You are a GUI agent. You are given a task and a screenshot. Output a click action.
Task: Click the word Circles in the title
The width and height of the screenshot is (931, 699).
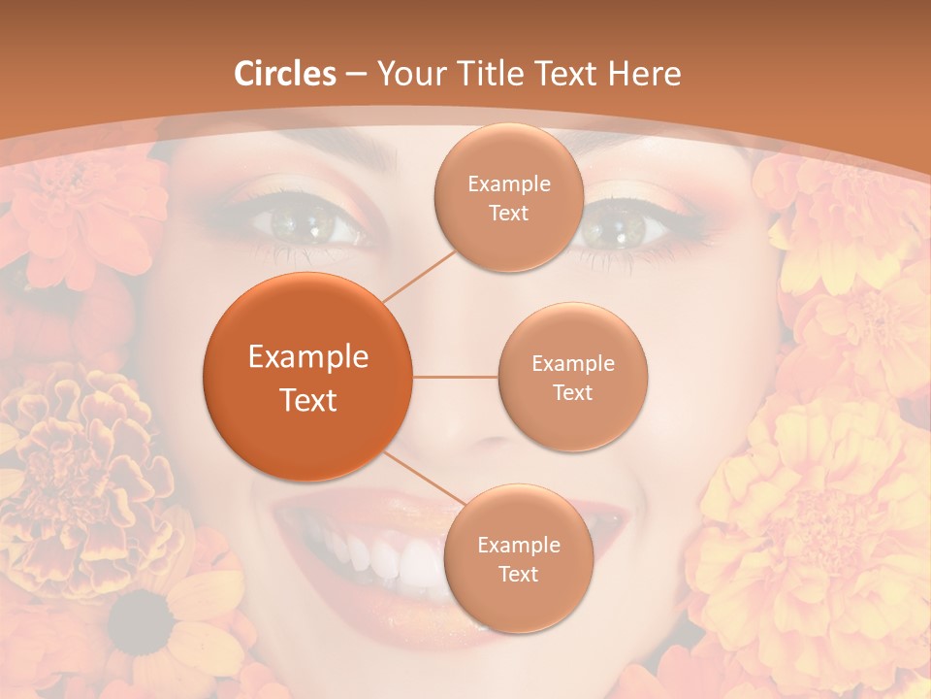point(285,74)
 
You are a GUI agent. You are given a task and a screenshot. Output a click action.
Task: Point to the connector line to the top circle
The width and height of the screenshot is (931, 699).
point(419,274)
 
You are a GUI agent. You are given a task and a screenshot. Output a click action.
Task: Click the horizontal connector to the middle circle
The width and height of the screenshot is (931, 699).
point(455,377)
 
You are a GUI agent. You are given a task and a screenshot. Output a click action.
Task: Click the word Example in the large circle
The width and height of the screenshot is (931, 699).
point(308,357)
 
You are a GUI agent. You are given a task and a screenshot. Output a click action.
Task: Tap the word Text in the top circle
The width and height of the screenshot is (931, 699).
point(508,214)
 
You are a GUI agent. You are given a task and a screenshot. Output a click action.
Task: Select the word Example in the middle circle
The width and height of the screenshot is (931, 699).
point(572,364)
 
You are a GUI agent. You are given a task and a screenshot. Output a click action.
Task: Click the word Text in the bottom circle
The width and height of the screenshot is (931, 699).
point(518,574)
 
